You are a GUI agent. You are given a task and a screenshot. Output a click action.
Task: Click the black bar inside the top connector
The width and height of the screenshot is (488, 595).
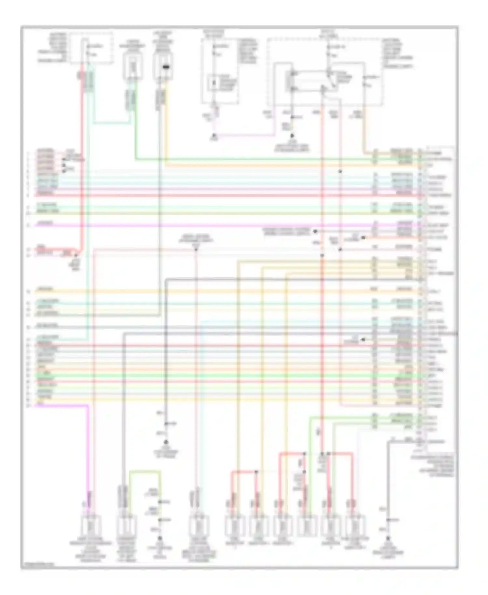tap(166, 67)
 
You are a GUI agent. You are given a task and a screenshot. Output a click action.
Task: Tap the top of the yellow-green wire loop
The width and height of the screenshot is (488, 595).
tap(145, 471)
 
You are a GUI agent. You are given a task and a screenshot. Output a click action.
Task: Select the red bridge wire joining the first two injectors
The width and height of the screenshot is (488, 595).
tap(244, 471)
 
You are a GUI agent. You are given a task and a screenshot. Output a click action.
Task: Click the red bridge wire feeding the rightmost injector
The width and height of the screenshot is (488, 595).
tap(342, 453)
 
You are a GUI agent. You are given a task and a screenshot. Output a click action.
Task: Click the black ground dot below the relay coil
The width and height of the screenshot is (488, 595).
tap(292, 135)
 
